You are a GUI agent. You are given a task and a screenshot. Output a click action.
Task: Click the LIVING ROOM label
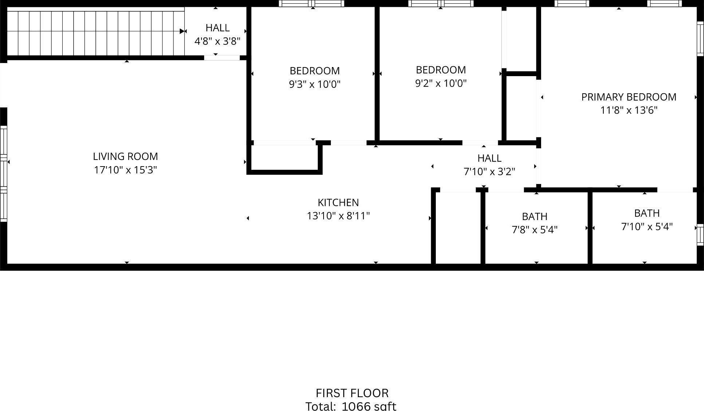(x=125, y=157)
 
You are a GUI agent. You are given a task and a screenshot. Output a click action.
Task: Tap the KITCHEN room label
(x=338, y=203)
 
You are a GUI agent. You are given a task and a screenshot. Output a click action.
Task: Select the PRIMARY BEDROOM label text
(x=629, y=97)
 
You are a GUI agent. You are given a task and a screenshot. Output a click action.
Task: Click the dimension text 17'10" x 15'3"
(x=125, y=170)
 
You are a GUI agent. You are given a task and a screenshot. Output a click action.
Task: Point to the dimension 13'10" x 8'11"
(x=338, y=216)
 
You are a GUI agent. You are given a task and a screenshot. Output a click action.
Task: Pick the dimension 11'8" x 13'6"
(x=629, y=110)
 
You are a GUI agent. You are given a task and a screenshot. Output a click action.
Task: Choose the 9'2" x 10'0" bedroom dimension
(x=441, y=83)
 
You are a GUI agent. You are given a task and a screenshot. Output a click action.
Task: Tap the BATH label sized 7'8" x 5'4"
(x=535, y=217)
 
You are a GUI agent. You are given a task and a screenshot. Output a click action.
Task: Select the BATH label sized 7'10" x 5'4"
(x=647, y=213)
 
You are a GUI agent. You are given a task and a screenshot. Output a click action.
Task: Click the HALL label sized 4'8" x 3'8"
(x=218, y=28)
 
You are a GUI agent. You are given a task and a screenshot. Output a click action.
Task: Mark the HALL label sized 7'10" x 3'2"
(x=489, y=158)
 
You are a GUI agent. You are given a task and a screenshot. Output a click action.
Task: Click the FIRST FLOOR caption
(x=352, y=393)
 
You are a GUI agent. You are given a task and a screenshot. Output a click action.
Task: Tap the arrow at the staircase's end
(x=183, y=31)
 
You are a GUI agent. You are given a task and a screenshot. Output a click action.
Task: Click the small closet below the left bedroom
(x=284, y=158)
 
